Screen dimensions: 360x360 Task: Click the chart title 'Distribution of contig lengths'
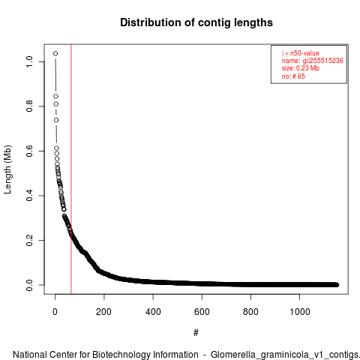click(x=196, y=22)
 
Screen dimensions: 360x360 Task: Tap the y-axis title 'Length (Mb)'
click(x=7, y=169)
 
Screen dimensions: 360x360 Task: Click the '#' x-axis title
click(x=196, y=333)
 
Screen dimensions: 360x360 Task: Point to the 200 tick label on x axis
click(x=103, y=312)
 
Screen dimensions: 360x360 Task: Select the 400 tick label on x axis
click(x=153, y=312)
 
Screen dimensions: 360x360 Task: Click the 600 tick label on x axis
click(x=202, y=312)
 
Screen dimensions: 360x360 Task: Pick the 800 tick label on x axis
click(x=250, y=312)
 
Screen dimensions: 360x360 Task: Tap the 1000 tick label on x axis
click(x=299, y=312)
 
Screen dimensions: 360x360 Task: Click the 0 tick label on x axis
click(x=55, y=312)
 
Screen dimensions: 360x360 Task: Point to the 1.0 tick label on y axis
click(x=29, y=61)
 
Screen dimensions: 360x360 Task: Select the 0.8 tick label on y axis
click(x=29, y=106)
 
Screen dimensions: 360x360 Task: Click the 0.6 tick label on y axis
click(x=29, y=151)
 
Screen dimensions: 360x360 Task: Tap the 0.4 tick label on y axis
click(x=29, y=196)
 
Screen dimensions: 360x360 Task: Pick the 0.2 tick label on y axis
click(x=29, y=240)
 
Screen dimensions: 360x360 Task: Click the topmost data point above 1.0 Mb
click(x=55, y=53)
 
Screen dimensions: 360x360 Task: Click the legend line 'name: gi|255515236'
click(x=312, y=61)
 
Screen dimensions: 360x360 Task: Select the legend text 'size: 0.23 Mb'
click(x=300, y=68)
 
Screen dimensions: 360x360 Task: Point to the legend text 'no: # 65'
click(x=293, y=76)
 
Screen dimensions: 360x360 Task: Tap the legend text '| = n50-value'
click(x=300, y=53)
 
